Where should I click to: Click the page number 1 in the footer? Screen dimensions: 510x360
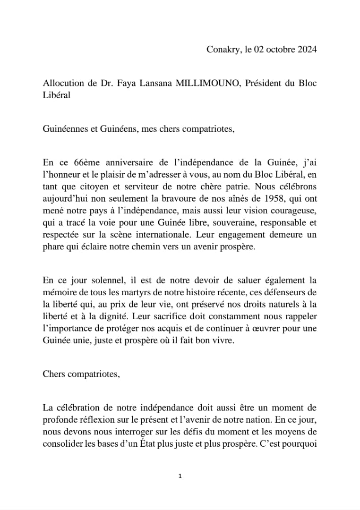point(180,476)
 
